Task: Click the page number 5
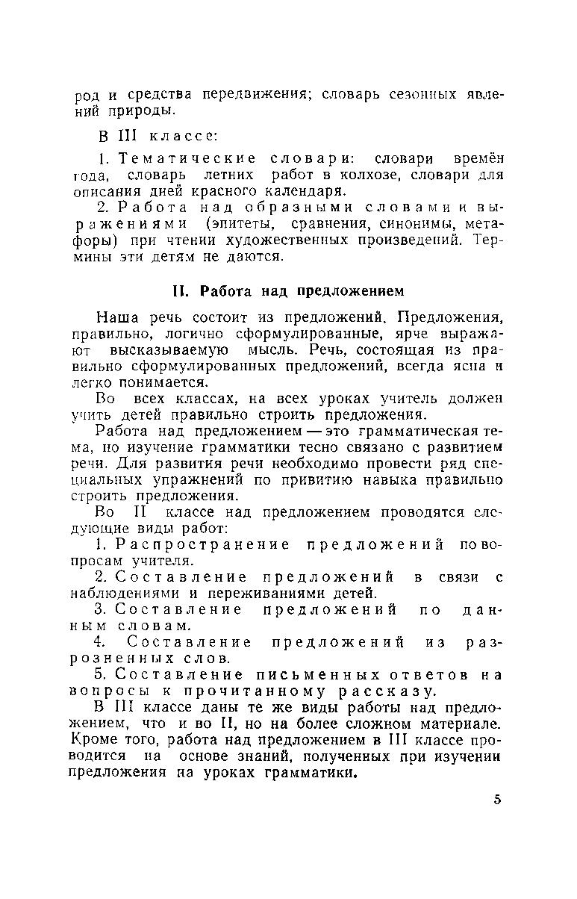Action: tap(497, 800)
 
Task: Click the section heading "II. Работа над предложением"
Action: tap(288, 290)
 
